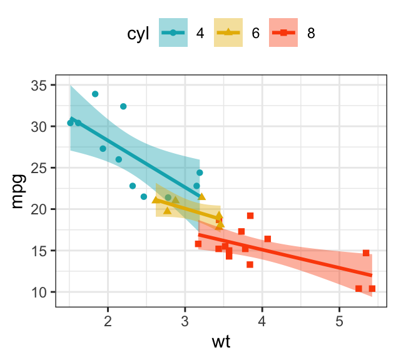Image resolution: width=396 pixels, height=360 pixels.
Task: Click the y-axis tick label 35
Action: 39,85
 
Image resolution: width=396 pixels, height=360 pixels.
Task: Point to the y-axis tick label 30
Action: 39,126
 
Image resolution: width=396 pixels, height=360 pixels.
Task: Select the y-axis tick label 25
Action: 39,168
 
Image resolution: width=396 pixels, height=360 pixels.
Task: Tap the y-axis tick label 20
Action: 39,209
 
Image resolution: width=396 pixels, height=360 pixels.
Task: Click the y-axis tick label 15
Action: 39,251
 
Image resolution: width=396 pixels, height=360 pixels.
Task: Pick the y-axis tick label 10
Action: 39,292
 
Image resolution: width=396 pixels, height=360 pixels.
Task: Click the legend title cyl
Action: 138,34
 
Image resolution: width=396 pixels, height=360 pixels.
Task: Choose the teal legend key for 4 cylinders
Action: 173,33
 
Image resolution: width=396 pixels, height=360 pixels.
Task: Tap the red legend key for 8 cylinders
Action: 283,33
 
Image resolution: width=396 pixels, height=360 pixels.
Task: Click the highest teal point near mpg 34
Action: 95,94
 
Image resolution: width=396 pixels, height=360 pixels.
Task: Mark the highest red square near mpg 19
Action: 250,216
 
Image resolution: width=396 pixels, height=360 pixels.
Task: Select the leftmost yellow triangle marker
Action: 155,200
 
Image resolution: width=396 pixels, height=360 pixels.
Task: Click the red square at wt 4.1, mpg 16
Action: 268,239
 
